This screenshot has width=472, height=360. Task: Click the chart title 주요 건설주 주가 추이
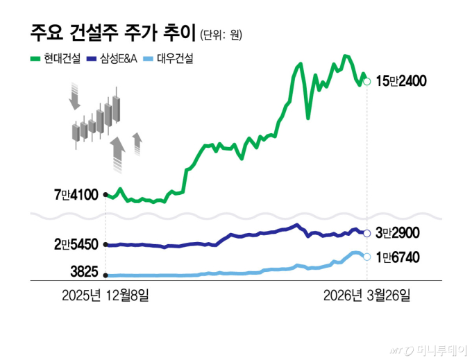coord(112,33)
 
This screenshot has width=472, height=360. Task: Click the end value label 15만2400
coord(401,81)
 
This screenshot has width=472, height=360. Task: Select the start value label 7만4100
coord(76,195)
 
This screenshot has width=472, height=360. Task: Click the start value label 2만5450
coord(76,245)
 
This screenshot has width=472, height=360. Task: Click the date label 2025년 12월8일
coord(105,296)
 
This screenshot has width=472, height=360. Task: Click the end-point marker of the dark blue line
coord(366,233)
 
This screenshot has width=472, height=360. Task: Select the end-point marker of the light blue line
coord(366,257)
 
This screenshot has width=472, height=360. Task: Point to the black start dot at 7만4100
coord(105,195)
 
